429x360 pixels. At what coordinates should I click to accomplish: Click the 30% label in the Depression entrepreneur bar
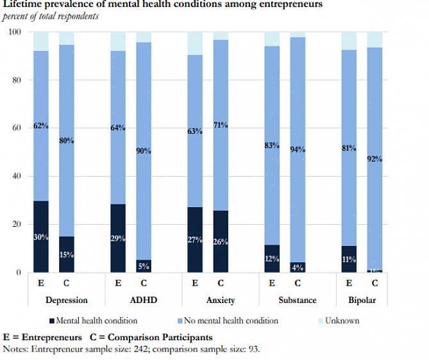point(41,238)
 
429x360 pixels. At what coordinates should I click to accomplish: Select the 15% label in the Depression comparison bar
point(66,255)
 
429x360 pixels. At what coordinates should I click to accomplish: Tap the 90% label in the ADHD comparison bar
point(143,151)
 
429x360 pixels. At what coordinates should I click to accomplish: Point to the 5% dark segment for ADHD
point(143,266)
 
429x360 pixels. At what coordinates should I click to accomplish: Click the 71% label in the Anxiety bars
point(220,126)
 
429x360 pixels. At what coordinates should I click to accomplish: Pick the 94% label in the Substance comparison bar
point(298,150)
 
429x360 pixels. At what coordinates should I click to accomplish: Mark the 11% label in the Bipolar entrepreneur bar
point(349,260)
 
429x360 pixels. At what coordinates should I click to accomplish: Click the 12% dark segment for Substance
point(272,259)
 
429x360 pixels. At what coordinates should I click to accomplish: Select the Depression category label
point(67,300)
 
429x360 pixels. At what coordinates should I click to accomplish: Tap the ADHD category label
point(143,300)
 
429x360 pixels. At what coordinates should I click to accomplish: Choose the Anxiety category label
point(221,300)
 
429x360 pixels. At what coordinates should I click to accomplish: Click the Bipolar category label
point(362,300)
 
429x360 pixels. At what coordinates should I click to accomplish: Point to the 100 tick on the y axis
point(13,32)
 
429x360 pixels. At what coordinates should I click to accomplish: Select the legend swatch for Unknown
point(320,321)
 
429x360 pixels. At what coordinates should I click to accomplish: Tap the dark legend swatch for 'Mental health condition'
point(51,321)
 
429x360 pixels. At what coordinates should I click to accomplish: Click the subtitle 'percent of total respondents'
point(51,16)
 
